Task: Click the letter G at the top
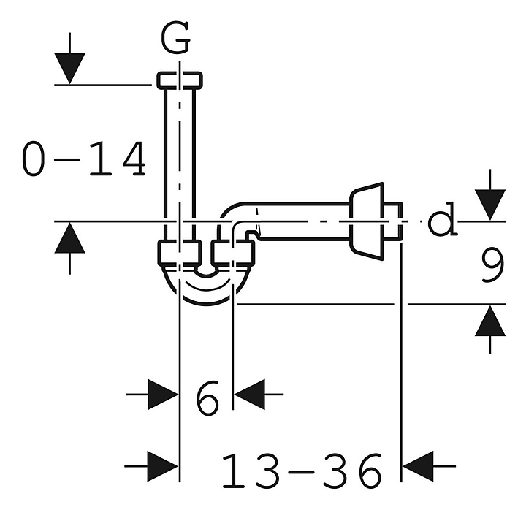[175, 38]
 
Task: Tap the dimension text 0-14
[84, 159]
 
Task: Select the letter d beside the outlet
[443, 218]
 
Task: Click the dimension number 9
[493, 266]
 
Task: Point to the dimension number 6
[207, 398]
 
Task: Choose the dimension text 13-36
[302, 471]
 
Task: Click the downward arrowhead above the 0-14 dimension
[70, 69]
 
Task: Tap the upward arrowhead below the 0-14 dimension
[70, 238]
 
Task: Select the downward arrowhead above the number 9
[490, 205]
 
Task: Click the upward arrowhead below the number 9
[490, 321]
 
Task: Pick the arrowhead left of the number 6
[163, 395]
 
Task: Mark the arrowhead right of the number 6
[249, 395]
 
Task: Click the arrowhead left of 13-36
[163, 466]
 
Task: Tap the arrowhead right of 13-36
[418, 466]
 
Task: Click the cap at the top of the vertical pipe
[180, 80]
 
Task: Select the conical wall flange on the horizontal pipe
[366, 221]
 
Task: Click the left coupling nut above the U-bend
[180, 253]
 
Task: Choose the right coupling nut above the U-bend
[233, 253]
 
